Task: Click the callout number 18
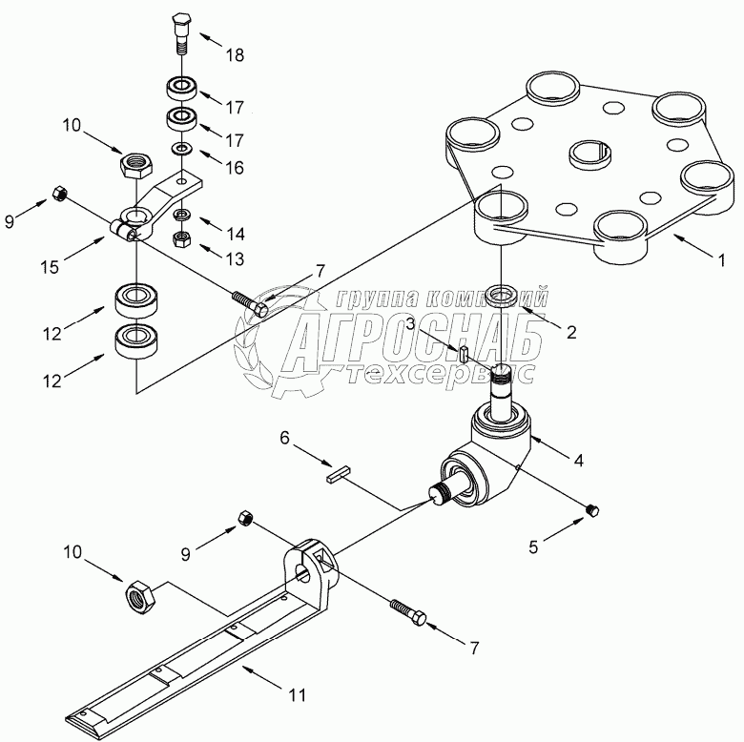tap(235, 55)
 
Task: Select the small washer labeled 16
tap(181, 149)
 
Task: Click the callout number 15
tap(50, 267)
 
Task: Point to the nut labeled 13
tap(181, 239)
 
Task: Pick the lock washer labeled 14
tap(181, 215)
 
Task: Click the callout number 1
tap(721, 260)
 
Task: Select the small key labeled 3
tap(465, 354)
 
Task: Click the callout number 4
tap(578, 460)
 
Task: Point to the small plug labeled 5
tap(592, 510)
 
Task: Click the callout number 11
tap(298, 695)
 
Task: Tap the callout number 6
tap(284, 438)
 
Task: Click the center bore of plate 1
tap(589, 155)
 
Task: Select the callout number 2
tap(571, 332)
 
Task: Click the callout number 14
tap(235, 234)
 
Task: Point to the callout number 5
tap(533, 547)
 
